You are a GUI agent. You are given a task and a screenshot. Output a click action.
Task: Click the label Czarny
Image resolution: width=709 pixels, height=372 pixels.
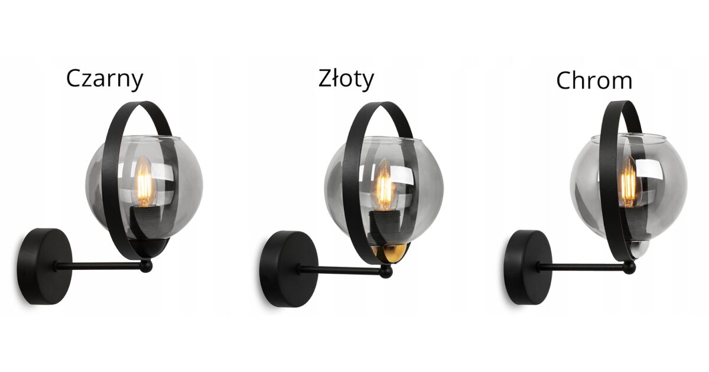[105, 80]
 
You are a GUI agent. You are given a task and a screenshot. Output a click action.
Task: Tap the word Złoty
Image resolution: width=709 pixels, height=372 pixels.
[346, 79]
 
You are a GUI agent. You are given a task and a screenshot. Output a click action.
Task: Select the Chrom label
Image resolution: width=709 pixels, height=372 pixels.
[594, 80]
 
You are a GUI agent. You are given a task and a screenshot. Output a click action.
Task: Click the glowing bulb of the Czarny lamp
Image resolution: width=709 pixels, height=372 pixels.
[144, 181]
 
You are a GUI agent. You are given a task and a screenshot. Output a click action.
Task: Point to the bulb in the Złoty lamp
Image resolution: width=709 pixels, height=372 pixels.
[384, 185]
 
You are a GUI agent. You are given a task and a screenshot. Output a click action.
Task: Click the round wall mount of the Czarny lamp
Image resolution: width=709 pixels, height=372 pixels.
[44, 266]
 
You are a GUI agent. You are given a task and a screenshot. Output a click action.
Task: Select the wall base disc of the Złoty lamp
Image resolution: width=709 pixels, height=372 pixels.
[289, 269]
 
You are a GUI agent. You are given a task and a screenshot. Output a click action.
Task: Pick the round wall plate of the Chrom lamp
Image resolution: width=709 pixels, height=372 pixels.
[527, 267]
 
